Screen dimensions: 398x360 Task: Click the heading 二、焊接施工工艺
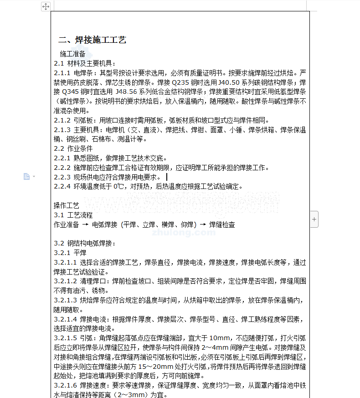pos(92,40)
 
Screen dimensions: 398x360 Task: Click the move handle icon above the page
pos(46,6)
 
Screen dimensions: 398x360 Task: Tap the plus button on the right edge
pos(314,219)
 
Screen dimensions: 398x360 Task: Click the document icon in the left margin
pos(27,176)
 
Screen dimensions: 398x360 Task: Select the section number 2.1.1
pos(62,72)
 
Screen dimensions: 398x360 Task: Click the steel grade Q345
pos(74,92)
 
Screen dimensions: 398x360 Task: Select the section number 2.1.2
pos(62,120)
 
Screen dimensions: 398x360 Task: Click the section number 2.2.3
pos(62,177)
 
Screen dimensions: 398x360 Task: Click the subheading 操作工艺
pos(67,205)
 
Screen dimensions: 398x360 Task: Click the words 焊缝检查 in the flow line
pos(222,225)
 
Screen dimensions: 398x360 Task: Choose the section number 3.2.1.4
pos(66,319)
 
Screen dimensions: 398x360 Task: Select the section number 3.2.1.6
pos(66,386)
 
